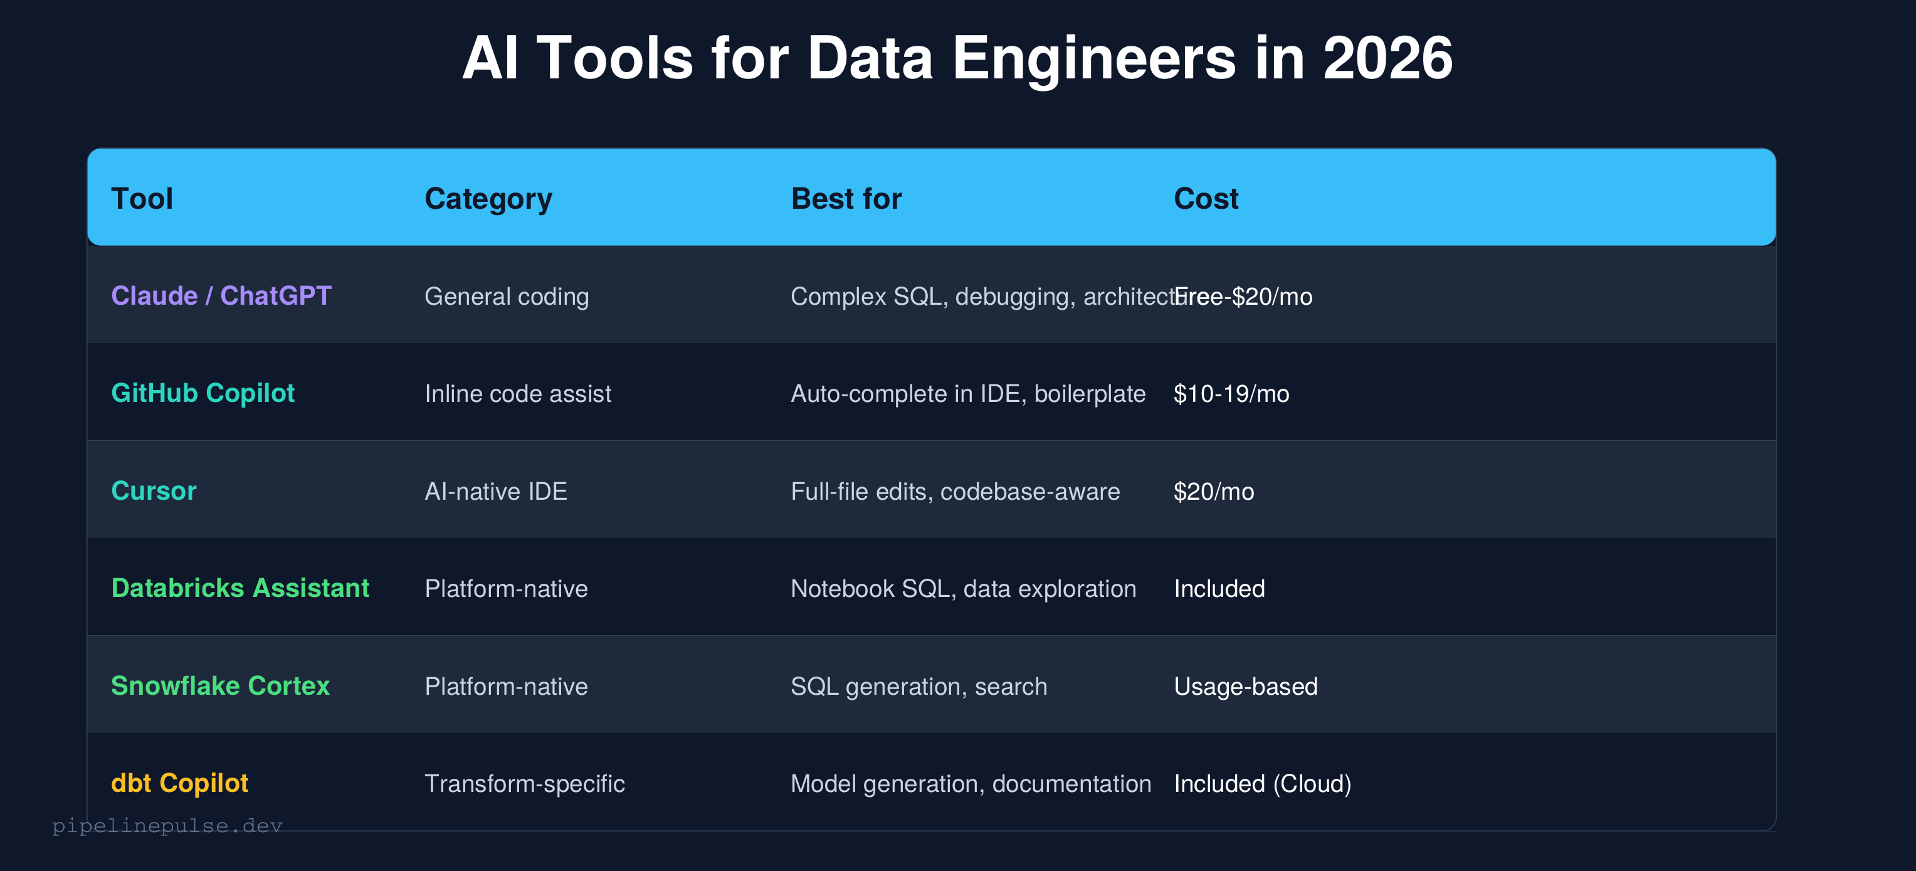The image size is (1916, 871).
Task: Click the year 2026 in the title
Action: click(x=1387, y=58)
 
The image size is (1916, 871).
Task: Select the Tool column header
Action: click(x=142, y=199)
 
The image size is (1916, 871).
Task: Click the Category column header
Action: click(x=488, y=199)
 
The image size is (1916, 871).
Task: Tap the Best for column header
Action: click(x=846, y=199)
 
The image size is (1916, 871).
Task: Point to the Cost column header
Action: click(x=1206, y=199)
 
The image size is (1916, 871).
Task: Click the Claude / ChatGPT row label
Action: click(x=221, y=296)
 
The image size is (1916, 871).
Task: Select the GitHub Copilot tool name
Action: click(x=203, y=393)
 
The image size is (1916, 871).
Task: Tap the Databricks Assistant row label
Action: click(x=239, y=588)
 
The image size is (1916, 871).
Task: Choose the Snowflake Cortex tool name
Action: click(x=219, y=686)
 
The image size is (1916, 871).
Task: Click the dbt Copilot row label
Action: click(x=179, y=783)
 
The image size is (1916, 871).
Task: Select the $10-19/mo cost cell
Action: click(x=1231, y=393)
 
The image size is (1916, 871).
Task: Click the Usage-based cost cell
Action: click(x=1245, y=686)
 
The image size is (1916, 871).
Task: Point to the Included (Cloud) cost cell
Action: click(x=1262, y=783)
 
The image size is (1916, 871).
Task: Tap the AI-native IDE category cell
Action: click(x=495, y=491)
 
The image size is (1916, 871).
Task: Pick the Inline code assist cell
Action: click(x=518, y=393)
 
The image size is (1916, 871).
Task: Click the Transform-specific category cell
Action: click(x=524, y=783)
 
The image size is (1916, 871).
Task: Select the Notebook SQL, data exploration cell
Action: click(x=963, y=588)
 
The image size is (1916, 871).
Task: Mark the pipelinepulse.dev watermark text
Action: click(x=167, y=826)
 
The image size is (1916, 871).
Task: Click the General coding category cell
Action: click(x=507, y=296)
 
